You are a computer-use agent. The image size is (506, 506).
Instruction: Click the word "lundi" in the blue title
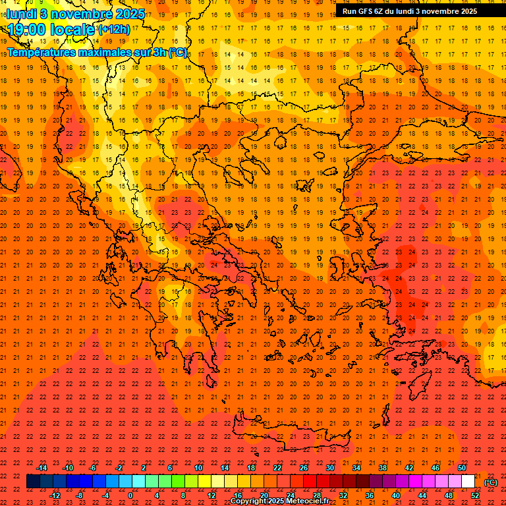point(22,14)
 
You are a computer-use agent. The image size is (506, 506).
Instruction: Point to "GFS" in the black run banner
point(367,11)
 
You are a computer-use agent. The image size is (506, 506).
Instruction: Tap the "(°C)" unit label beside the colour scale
point(491,482)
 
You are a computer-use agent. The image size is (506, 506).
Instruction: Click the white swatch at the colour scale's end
point(468,482)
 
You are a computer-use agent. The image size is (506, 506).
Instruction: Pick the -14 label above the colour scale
point(42,468)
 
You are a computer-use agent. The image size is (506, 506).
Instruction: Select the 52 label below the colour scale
point(475,495)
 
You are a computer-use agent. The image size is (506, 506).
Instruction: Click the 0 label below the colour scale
point(130,495)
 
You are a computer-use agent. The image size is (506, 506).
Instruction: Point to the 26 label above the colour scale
point(304,468)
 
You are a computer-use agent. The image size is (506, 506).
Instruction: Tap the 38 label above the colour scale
point(383,468)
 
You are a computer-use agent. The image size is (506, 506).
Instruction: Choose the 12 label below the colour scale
point(211,495)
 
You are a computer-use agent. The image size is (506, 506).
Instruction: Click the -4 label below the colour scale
point(105,495)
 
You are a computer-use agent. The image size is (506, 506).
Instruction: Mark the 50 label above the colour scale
point(462,468)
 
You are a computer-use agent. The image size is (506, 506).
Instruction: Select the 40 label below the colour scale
point(396,495)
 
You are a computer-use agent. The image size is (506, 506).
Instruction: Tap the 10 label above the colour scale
point(198,468)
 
